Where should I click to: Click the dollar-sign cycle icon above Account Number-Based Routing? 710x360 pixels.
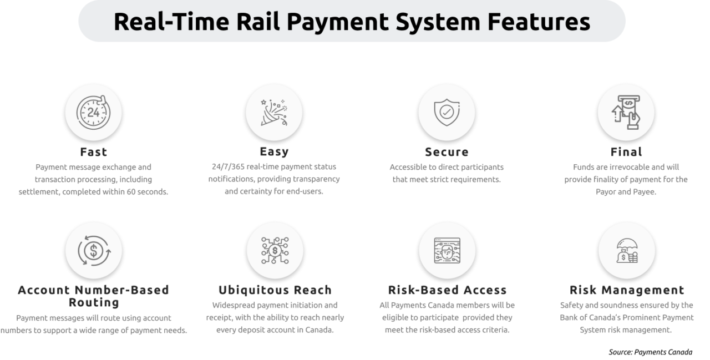[93, 250]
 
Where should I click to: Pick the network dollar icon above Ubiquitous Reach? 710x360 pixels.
[274, 250]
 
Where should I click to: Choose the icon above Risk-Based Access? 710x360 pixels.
[447, 250]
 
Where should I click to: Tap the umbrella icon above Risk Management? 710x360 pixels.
[626, 250]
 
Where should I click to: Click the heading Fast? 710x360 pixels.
[93, 151]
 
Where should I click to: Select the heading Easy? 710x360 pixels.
[274, 151]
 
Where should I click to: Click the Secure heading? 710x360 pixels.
[447, 152]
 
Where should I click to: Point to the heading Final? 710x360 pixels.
[626, 151]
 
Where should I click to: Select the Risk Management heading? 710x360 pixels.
[627, 290]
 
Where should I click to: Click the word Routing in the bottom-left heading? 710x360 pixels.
[94, 302]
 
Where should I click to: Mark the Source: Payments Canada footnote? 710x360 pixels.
[650, 352]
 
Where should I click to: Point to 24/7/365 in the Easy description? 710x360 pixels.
[228, 166]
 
